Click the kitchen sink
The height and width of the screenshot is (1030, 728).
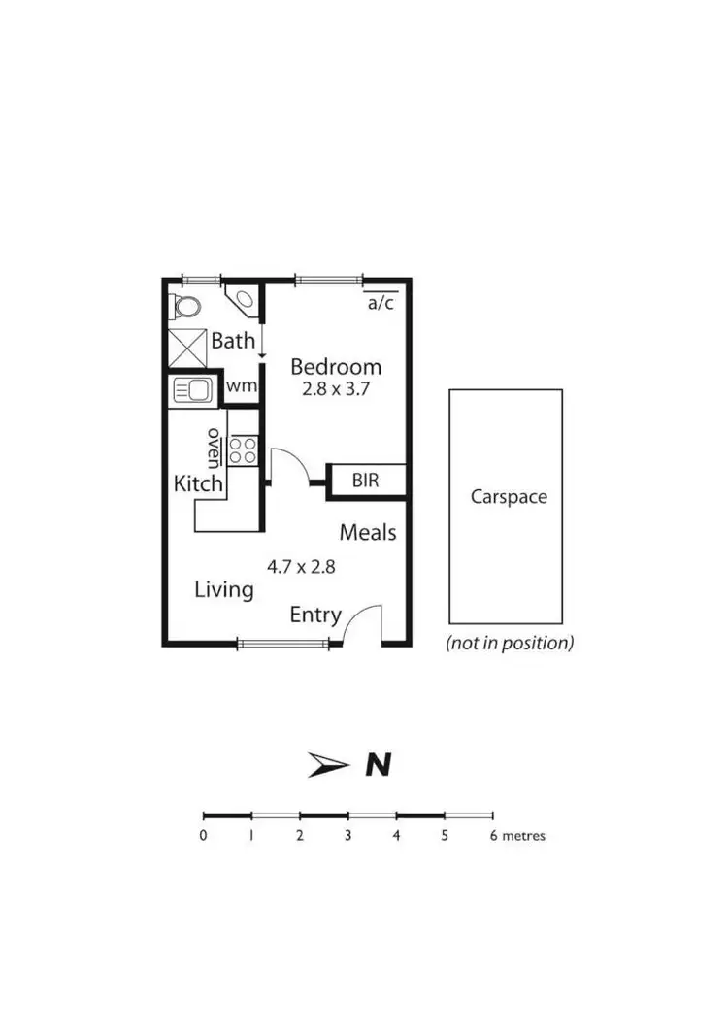click(x=192, y=390)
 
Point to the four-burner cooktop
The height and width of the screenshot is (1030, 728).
click(x=244, y=449)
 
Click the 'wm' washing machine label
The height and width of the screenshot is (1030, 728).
click(x=243, y=386)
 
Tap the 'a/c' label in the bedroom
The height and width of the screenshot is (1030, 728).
click(x=381, y=303)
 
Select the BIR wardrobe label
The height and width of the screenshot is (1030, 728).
click(x=365, y=481)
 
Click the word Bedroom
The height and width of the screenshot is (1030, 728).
click(x=336, y=367)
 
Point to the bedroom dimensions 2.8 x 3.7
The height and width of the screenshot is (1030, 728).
click(x=336, y=390)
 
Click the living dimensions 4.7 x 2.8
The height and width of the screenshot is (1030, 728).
click(x=301, y=567)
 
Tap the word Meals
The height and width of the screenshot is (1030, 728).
click(x=368, y=532)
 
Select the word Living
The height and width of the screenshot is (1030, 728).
click(x=224, y=589)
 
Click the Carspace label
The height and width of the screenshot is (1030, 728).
click(x=509, y=497)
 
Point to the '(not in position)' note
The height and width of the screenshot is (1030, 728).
click(x=509, y=643)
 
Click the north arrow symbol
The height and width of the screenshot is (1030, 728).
click(x=327, y=765)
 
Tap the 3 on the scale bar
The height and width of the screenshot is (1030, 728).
click(x=347, y=835)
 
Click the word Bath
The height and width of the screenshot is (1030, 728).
click(x=233, y=341)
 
